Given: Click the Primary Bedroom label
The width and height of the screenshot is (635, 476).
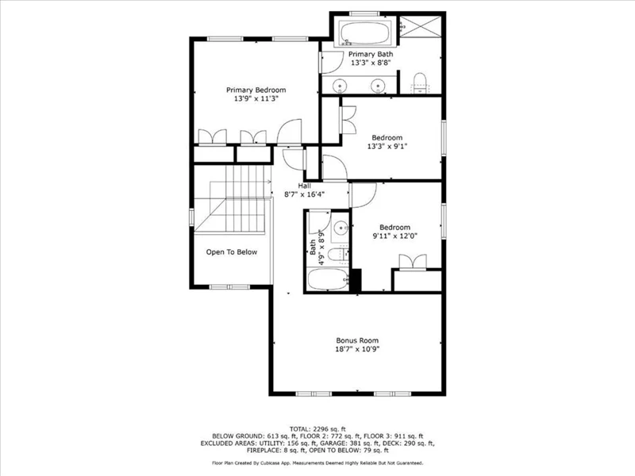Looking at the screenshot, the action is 256,90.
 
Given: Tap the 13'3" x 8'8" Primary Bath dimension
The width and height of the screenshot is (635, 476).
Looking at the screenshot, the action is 371,63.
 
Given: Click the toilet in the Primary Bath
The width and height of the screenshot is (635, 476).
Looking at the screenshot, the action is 420,83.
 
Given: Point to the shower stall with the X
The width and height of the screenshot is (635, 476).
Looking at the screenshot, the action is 420,27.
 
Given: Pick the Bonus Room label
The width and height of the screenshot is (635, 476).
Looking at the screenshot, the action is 357,340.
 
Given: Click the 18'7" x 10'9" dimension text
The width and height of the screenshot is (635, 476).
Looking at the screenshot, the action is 357,349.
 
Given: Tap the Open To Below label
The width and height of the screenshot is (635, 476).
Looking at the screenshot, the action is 232,251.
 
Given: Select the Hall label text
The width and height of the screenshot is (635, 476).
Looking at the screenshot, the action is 305,186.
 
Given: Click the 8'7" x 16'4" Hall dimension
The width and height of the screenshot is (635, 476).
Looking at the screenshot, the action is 305,194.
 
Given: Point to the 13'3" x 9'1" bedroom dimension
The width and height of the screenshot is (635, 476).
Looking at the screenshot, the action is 387,147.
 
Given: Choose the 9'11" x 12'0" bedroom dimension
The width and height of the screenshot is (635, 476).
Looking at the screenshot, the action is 394,236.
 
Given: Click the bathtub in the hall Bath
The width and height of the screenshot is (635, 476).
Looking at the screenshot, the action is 328,279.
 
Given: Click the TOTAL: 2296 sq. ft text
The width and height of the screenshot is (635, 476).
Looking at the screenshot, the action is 317,429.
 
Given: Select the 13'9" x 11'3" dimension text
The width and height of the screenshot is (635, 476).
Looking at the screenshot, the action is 256,98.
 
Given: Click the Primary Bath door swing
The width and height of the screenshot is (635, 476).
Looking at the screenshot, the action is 332,63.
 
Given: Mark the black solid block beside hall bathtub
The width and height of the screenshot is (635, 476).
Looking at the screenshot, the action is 355,280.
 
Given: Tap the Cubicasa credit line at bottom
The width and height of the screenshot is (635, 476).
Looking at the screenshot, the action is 317,463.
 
